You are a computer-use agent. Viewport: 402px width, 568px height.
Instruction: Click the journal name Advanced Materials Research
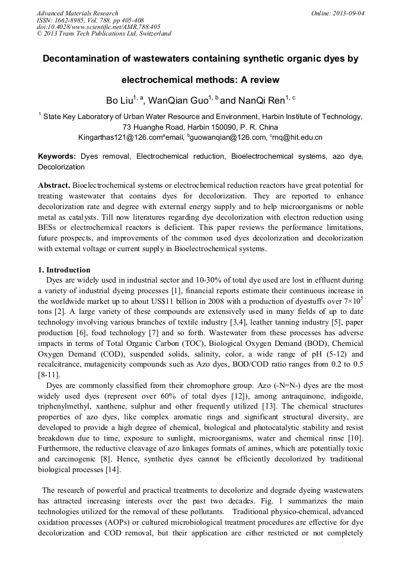77,13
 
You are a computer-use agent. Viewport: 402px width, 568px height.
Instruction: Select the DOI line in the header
98,27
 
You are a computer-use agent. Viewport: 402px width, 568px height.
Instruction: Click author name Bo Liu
119,101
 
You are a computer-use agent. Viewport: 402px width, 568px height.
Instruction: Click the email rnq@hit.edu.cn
298,137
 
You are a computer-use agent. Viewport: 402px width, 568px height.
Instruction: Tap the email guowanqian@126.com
228,137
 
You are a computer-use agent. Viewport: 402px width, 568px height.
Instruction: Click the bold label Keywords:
57,156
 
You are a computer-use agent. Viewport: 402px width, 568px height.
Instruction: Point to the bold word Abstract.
54,185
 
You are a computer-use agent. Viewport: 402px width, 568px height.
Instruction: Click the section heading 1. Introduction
64,270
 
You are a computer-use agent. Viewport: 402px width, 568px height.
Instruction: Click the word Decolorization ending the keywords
61,167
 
